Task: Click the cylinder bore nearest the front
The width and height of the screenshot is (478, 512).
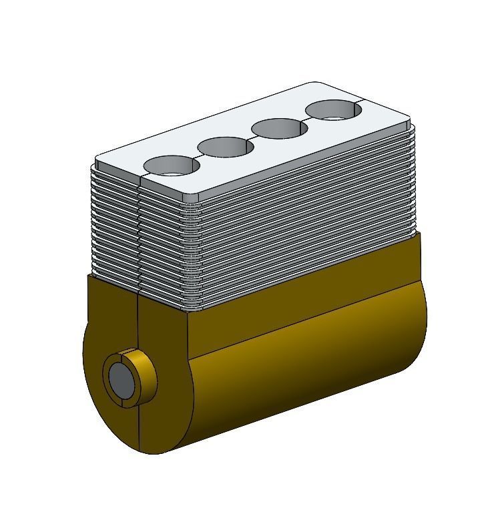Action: [x=172, y=165]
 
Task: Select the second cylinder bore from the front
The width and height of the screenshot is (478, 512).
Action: [x=226, y=147]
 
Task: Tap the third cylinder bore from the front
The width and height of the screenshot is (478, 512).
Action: [x=279, y=128]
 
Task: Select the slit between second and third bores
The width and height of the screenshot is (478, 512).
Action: [x=252, y=138]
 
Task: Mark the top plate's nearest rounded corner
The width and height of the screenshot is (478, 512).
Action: [x=192, y=198]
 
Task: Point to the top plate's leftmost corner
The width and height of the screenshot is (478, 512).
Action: [x=98, y=161]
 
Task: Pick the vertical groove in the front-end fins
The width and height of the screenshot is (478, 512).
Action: [x=139, y=234]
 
